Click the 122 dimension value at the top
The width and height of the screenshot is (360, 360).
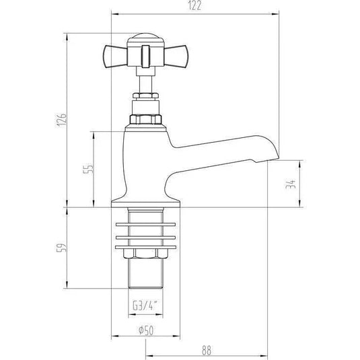coord(194,6)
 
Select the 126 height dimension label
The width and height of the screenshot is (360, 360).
coord(61,120)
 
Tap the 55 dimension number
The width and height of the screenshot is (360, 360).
coord(89,169)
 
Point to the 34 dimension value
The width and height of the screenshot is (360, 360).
coord(291,184)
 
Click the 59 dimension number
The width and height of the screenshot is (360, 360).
coord(61,248)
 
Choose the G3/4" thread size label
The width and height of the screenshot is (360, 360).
coord(145,305)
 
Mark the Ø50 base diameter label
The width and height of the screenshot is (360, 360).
coord(146,330)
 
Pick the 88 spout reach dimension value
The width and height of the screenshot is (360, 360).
coord(207,351)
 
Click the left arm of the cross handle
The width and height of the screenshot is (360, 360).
coord(114,57)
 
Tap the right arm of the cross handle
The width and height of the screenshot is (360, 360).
coord(176,57)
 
